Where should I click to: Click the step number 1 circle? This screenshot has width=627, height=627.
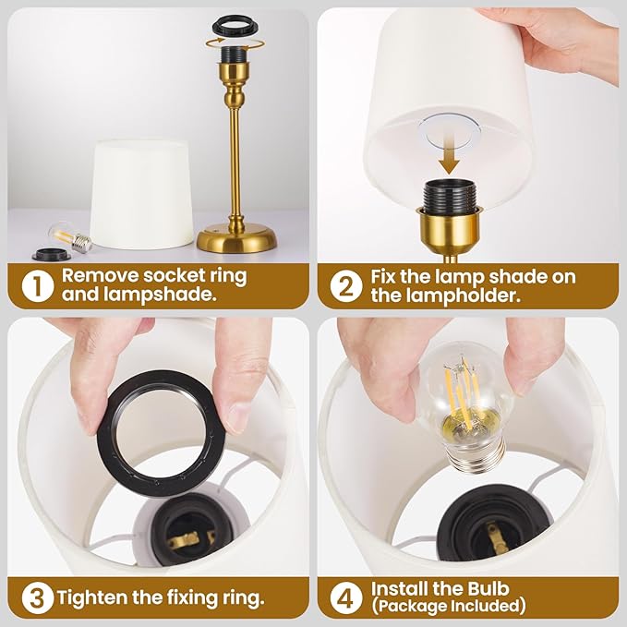(x=34, y=284)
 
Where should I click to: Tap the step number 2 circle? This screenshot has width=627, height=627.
(x=344, y=284)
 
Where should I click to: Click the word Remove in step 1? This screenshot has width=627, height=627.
(x=96, y=275)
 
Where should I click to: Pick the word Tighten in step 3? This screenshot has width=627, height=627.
(x=90, y=597)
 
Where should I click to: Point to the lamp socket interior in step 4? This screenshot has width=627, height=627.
(x=486, y=534)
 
